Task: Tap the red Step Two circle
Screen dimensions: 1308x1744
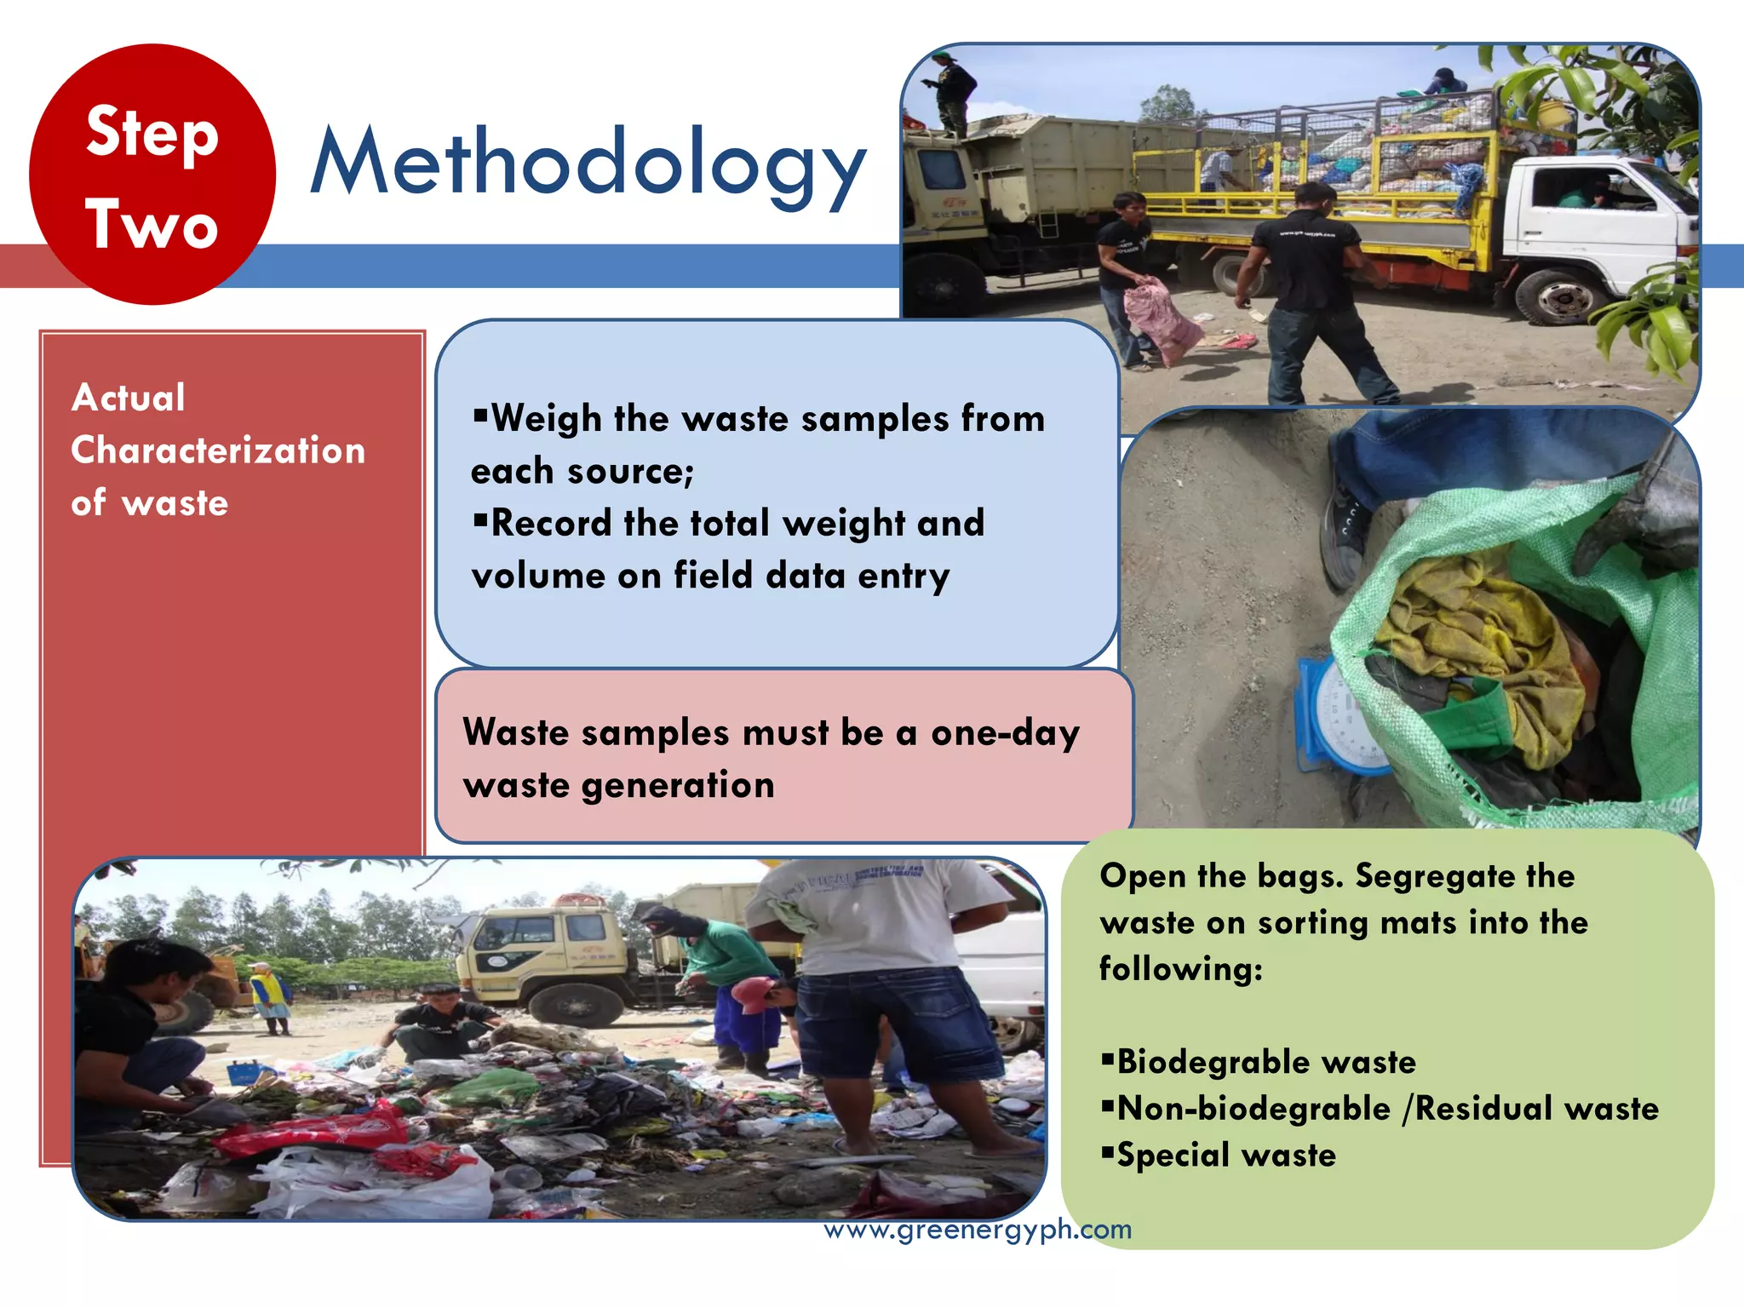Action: coord(152,175)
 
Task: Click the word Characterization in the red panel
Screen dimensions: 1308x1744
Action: coord(218,450)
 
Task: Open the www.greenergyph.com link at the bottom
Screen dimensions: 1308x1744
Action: coord(978,1230)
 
